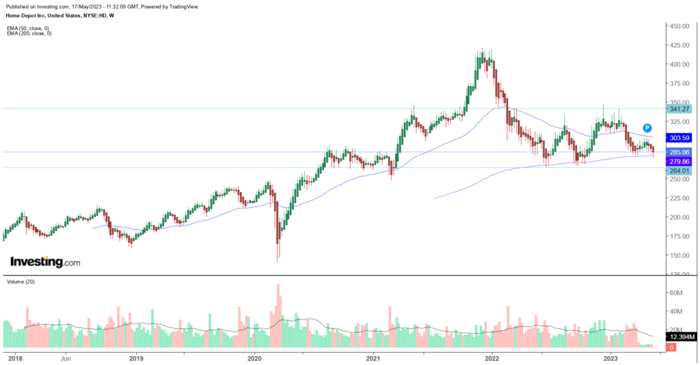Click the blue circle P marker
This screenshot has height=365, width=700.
click(647, 128)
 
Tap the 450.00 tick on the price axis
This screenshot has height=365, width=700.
click(679, 26)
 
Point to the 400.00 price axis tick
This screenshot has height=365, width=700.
click(679, 64)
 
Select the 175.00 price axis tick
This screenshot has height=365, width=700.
click(679, 236)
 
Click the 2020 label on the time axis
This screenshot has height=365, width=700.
click(254, 357)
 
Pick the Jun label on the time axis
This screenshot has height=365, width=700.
click(66, 357)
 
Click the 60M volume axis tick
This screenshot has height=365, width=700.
click(676, 293)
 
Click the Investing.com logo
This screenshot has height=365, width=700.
click(45, 262)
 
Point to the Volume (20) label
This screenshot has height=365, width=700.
click(21, 281)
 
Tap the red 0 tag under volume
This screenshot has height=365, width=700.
click(672, 348)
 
